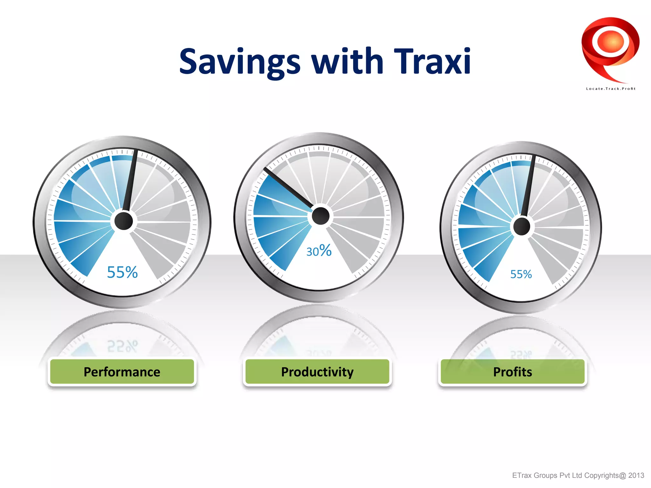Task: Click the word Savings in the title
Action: point(240,62)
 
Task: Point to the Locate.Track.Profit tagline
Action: point(610,89)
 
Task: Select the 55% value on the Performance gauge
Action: point(122,272)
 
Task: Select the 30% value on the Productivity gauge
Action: point(319,251)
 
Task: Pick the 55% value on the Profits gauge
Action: point(521,274)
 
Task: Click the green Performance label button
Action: point(122,372)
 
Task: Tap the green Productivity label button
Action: point(317,372)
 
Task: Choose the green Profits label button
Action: point(512,372)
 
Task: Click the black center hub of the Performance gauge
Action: point(123,221)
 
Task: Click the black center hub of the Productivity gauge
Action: point(320,216)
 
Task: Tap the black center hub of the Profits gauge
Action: point(522,227)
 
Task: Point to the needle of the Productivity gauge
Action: point(288,187)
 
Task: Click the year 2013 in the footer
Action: point(636,475)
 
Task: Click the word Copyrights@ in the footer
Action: point(605,475)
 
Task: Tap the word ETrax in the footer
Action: point(522,475)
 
